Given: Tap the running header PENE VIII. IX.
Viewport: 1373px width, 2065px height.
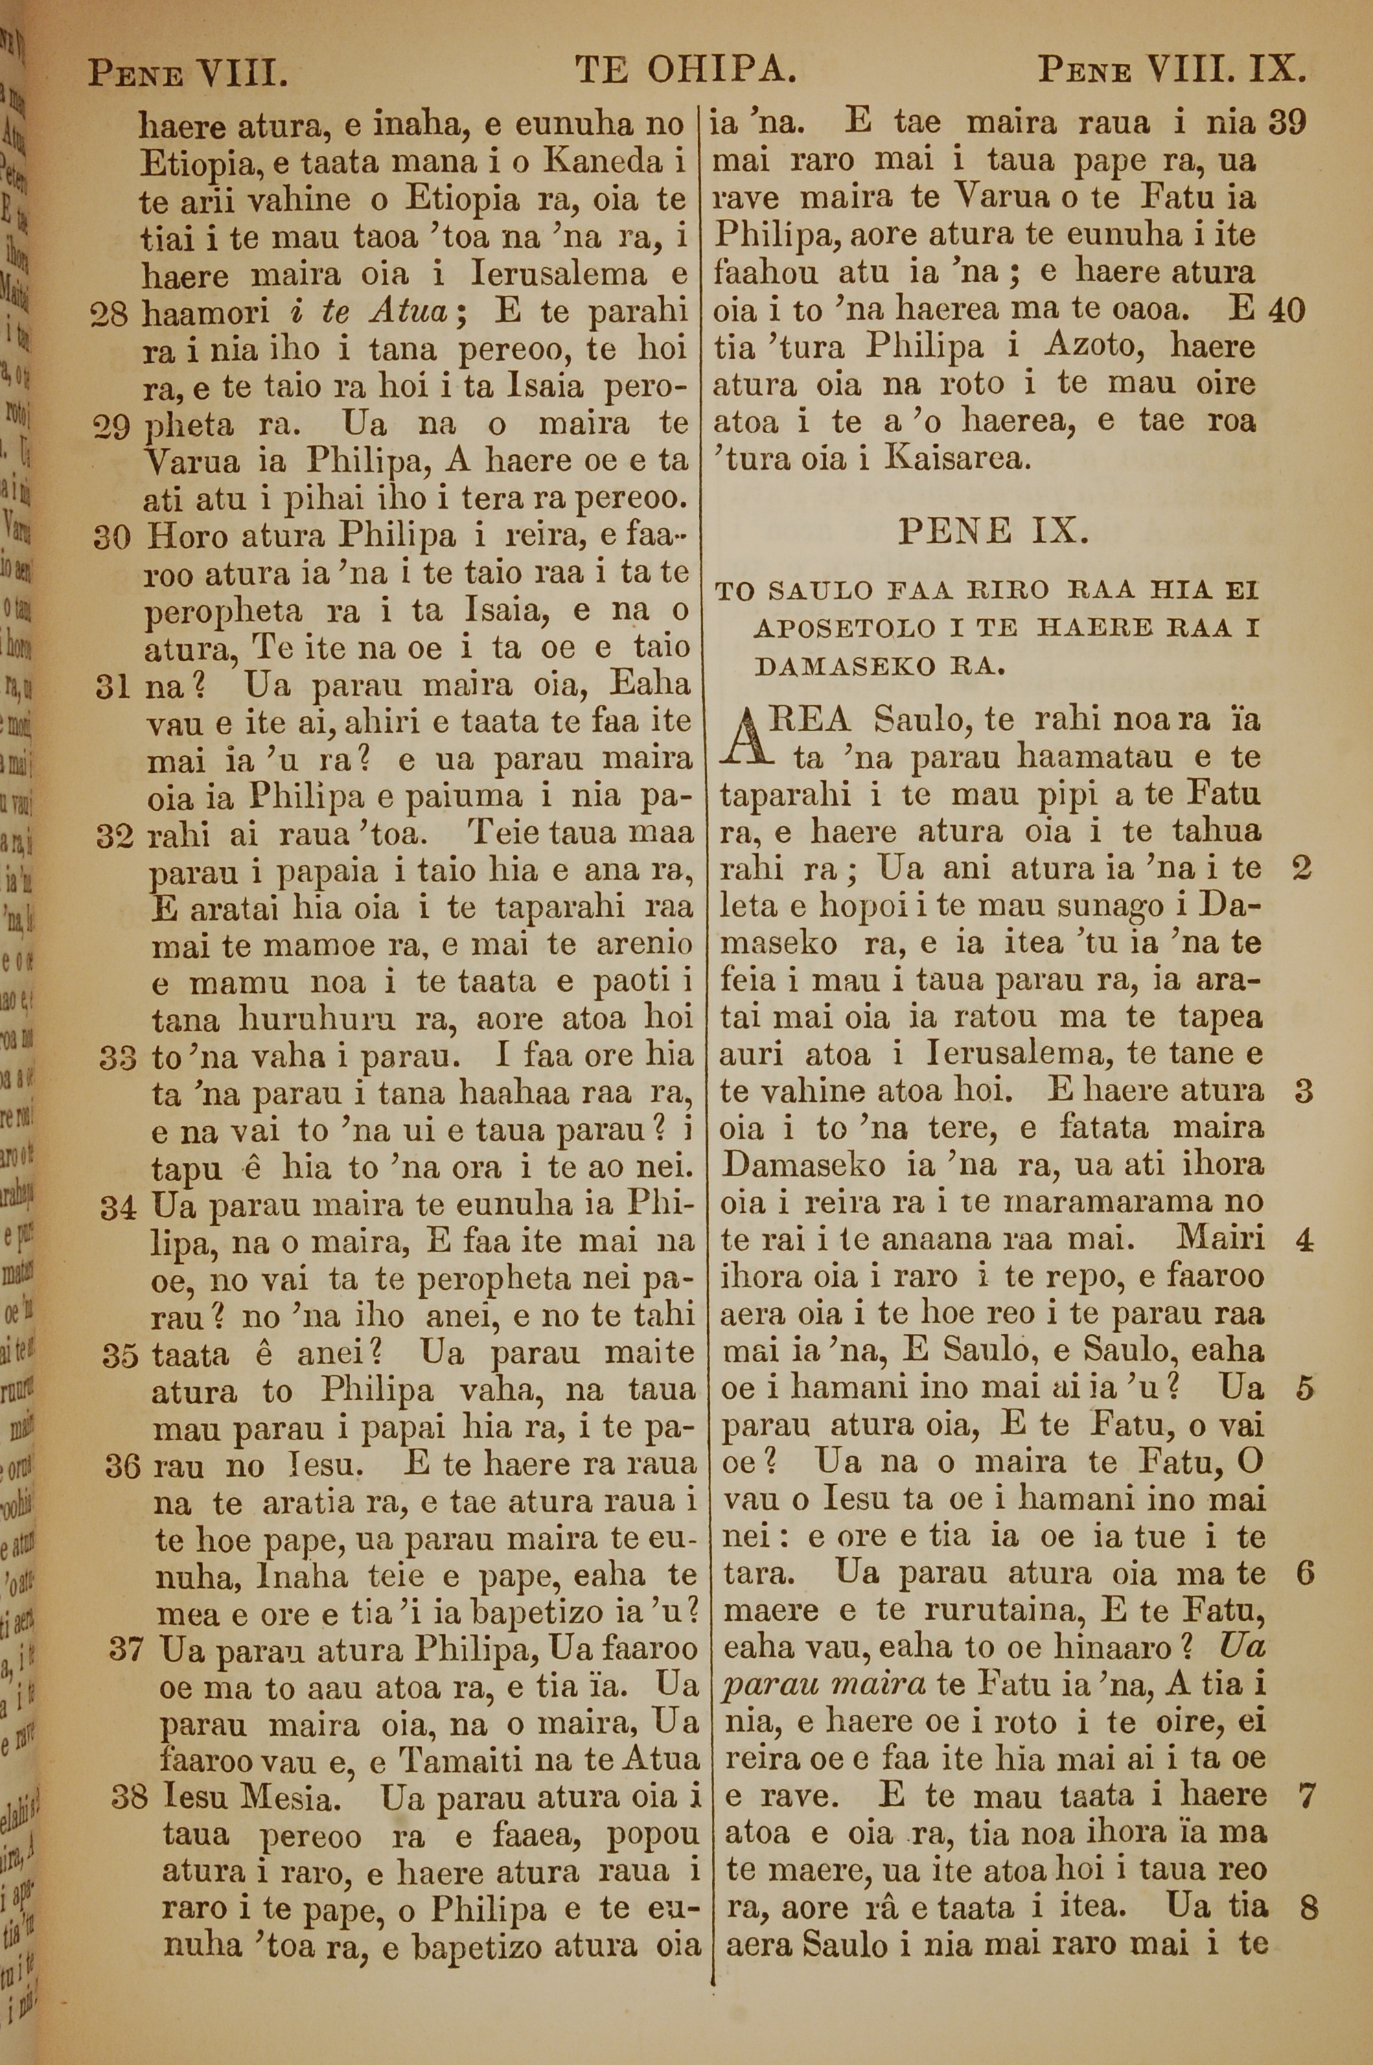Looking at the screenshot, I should coord(1172,70).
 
